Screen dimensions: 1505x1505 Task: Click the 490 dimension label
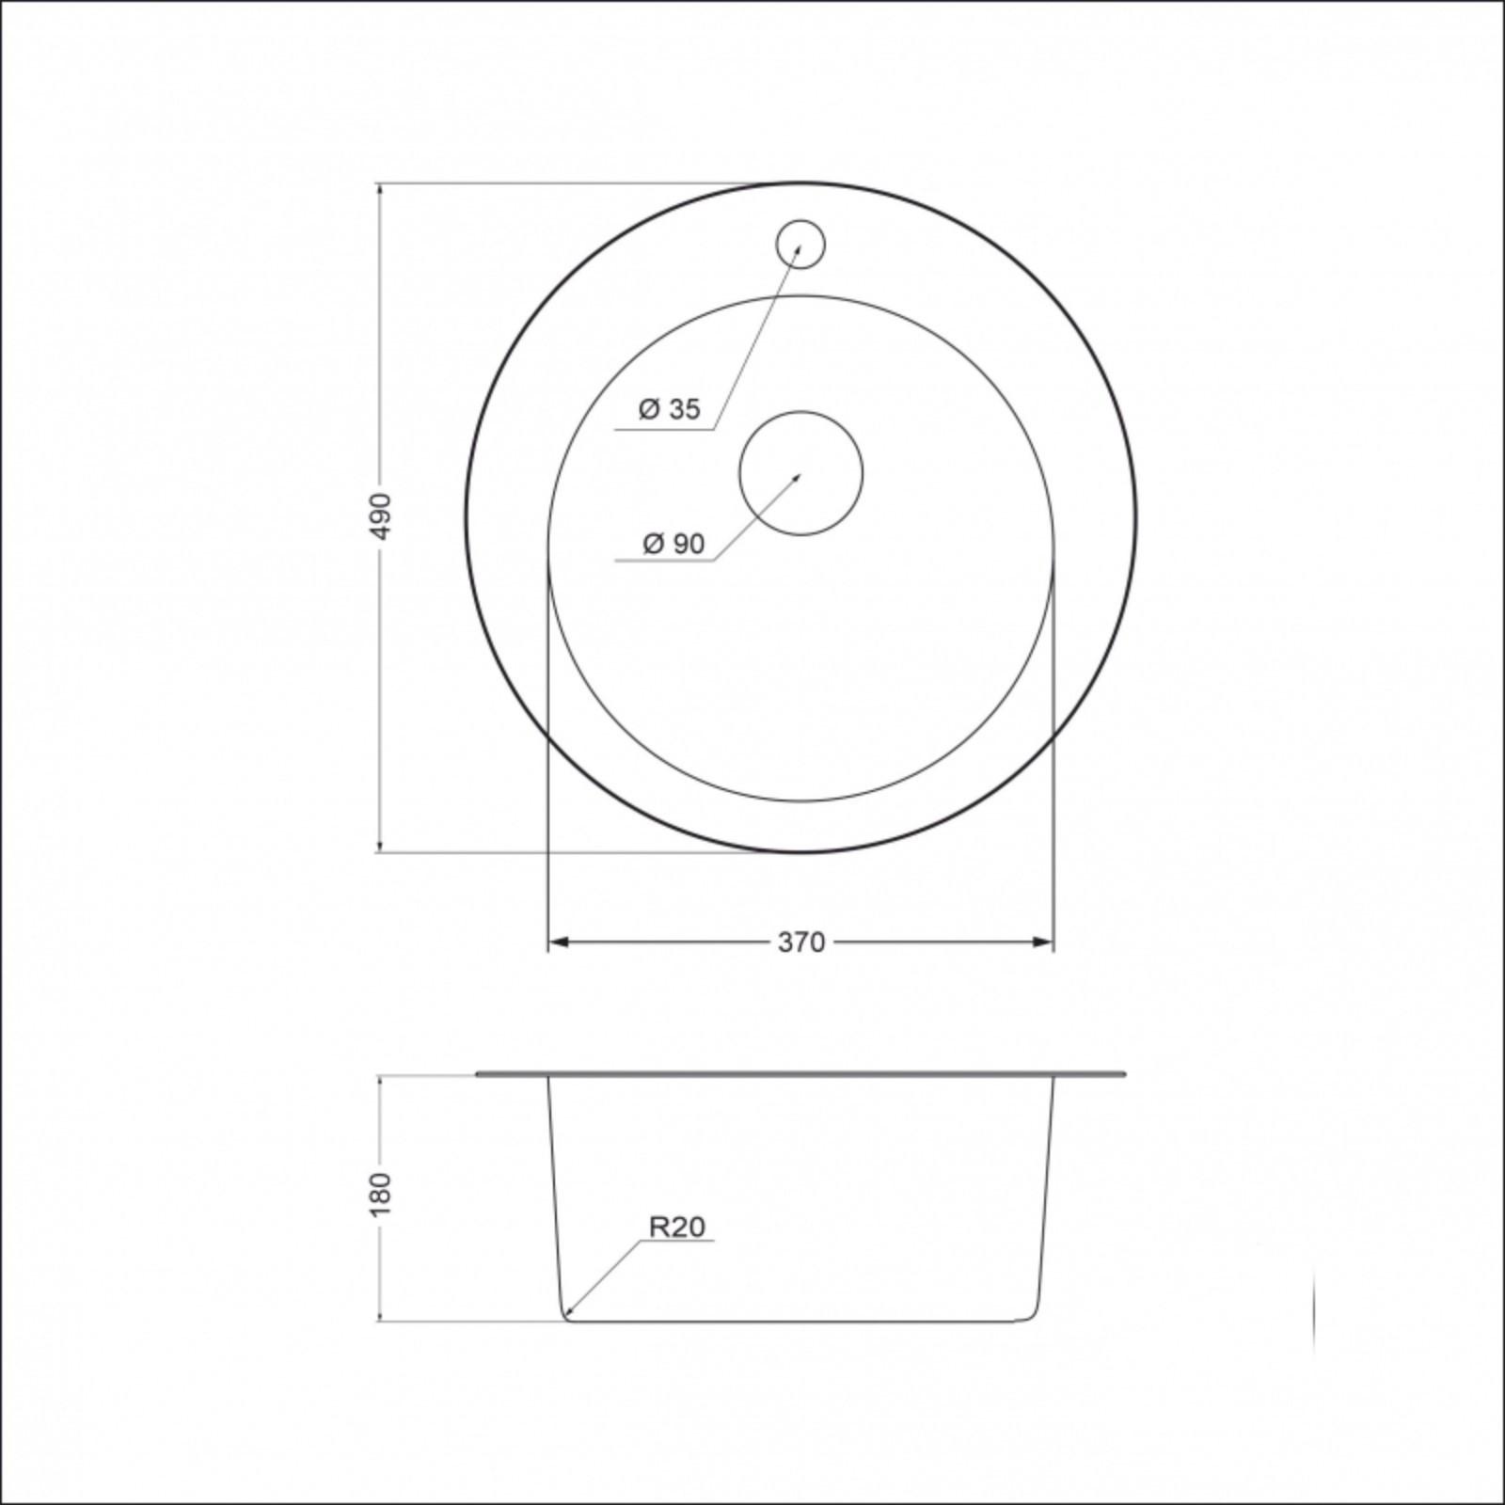[380, 516]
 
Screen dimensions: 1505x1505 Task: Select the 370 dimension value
[801, 942]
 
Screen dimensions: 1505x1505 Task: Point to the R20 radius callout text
[677, 1227]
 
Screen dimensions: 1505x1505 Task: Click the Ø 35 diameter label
[670, 409]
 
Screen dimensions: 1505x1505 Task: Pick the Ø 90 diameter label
[673, 544]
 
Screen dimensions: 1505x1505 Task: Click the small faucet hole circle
[800, 244]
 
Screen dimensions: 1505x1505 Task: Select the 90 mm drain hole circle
[801, 473]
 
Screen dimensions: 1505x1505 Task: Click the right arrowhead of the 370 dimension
[1043, 942]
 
